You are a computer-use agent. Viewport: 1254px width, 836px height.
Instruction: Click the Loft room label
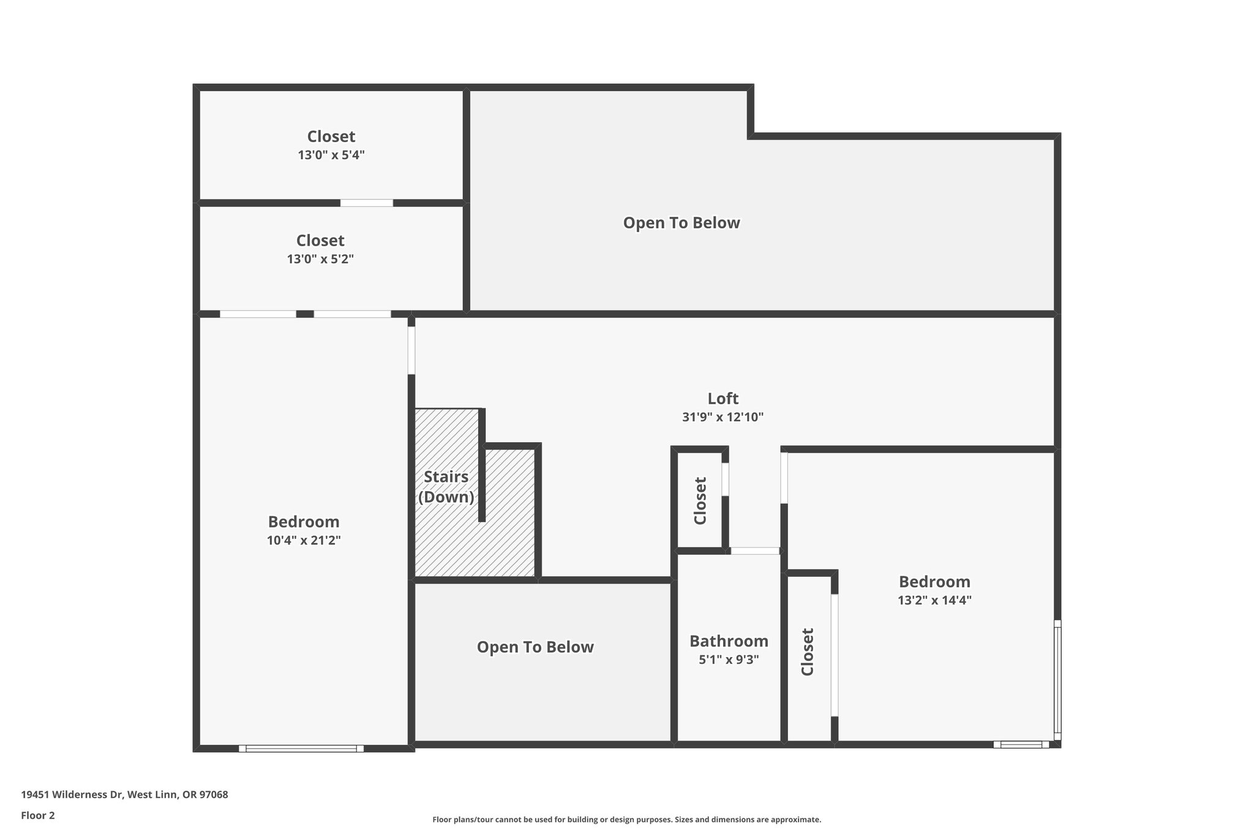[723, 399]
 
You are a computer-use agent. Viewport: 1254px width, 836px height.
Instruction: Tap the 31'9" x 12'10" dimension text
[723, 418]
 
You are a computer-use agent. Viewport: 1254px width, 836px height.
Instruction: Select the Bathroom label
[729, 641]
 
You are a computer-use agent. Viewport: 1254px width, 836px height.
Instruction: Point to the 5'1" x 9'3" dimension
[729, 660]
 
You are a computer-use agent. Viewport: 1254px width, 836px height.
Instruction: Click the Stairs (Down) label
[446, 487]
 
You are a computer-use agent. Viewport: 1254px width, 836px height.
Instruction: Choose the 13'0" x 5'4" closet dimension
[331, 156]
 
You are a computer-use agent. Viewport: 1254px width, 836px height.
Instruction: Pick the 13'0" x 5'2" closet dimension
[320, 260]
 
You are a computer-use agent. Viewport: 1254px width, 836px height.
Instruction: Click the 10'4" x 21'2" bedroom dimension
[304, 541]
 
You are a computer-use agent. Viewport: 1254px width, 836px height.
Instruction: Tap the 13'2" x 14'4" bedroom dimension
[934, 601]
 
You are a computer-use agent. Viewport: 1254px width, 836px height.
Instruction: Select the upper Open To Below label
[681, 223]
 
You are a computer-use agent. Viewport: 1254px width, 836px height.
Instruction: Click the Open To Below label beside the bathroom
[535, 647]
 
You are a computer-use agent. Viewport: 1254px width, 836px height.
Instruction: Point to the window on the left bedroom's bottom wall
[301, 748]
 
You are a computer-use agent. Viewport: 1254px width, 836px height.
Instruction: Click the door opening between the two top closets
[367, 203]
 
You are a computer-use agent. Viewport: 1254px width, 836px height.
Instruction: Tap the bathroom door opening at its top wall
[755, 551]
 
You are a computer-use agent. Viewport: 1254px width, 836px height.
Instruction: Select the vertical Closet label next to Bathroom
[808, 652]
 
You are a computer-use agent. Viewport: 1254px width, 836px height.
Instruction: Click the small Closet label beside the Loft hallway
[700, 501]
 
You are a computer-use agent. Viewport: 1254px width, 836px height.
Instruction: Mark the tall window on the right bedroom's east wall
[1057, 680]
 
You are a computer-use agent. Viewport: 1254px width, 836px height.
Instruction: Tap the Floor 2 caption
[38, 816]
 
